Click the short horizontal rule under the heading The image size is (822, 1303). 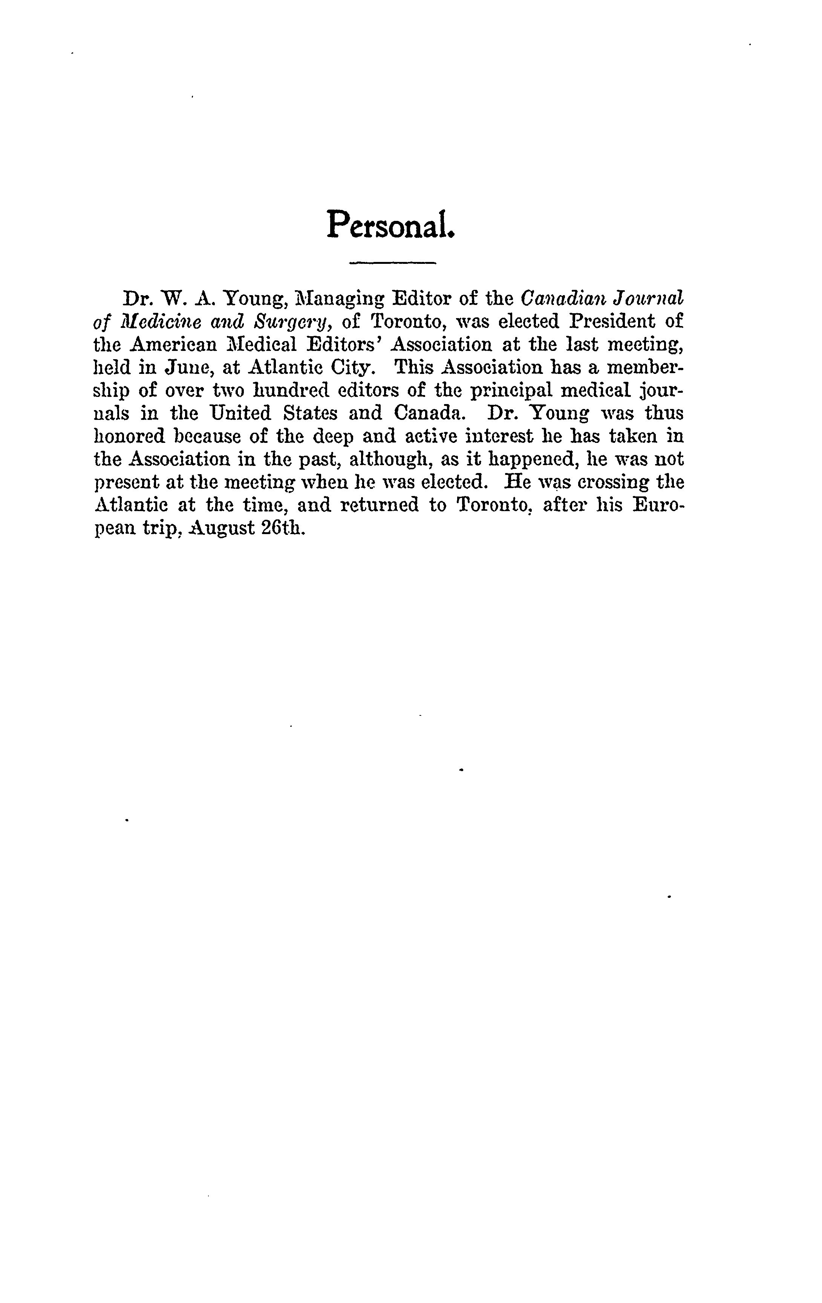[x=392, y=263]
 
